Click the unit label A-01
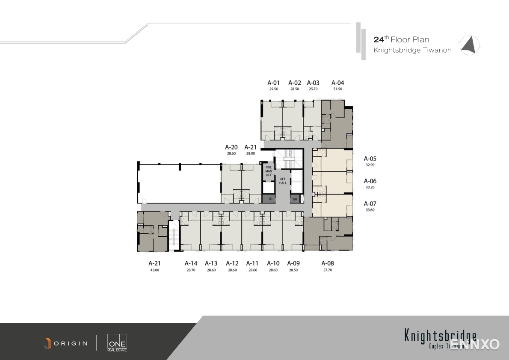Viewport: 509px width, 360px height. tap(273, 83)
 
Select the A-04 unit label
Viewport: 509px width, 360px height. tap(337, 83)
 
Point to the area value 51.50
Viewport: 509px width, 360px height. tap(337, 89)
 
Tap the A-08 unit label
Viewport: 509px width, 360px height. tap(327, 264)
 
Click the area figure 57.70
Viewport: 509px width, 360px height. tap(327, 270)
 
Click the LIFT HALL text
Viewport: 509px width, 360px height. tap(283, 181)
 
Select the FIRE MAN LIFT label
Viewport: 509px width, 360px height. tap(269, 171)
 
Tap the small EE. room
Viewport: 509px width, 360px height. tap(270, 199)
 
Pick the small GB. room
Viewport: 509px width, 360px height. tap(295, 199)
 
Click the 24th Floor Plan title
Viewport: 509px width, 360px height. tap(401, 40)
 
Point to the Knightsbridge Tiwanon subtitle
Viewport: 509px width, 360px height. tap(412, 51)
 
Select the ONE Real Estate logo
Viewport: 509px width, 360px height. tap(117, 342)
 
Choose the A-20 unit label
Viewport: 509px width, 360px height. tap(231, 147)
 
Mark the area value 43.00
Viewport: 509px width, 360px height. tap(154, 270)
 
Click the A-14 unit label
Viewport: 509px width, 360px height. tap(191, 264)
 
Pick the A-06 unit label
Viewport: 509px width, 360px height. tap(370, 181)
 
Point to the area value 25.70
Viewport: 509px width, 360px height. tap(313, 89)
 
